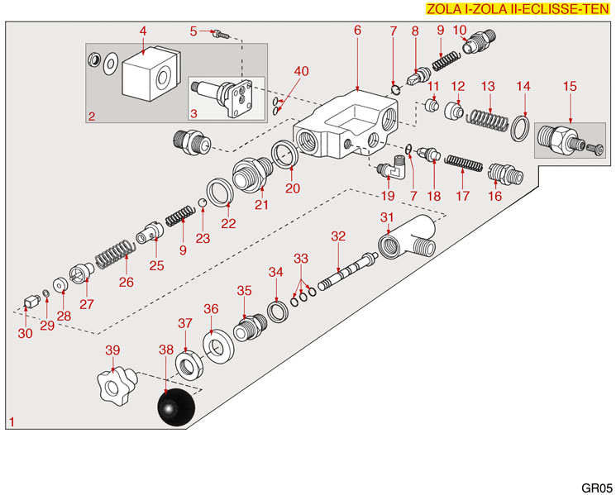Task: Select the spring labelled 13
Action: [489, 119]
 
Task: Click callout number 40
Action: [301, 71]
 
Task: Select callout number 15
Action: [569, 85]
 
